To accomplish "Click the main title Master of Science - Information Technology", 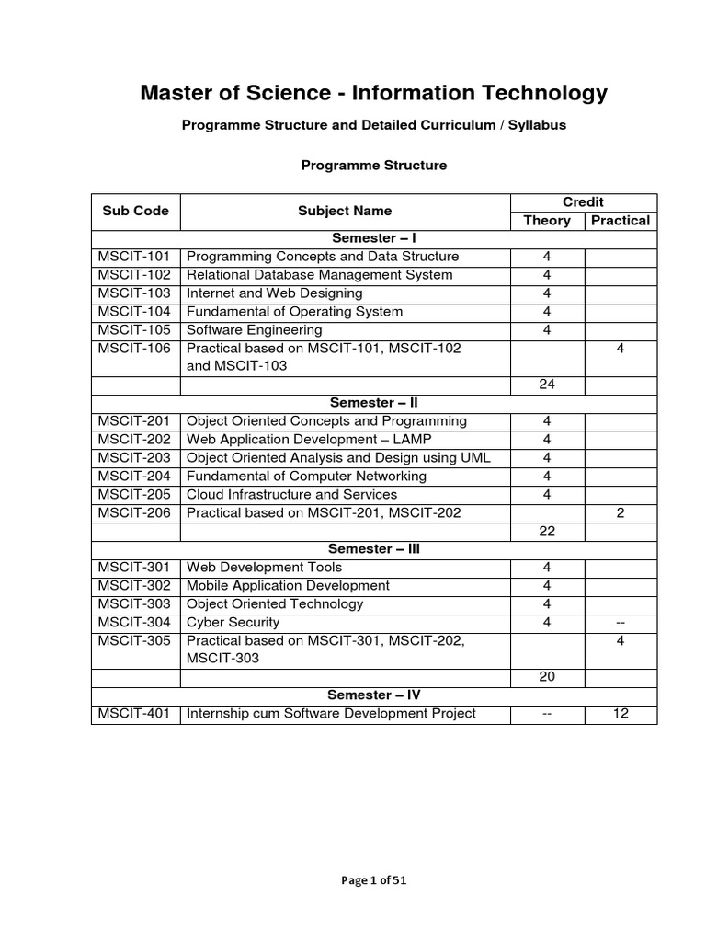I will pyautogui.click(x=373, y=93).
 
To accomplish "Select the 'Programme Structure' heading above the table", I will pyautogui.click(x=374, y=166).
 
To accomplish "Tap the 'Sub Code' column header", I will pyautogui.click(x=135, y=211).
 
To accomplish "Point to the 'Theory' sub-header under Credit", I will pyautogui.click(x=547, y=220).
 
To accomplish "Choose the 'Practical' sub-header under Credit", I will pyautogui.click(x=621, y=220).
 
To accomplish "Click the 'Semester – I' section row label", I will pyautogui.click(x=374, y=238).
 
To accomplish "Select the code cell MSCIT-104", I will pyautogui.click(x=134, y=311).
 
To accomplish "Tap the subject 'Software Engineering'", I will pyautogui.click(x=255, y=329).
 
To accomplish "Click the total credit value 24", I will pyautogui.click(x=547, y=385).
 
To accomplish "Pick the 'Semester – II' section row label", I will pyautogui.click(x=374, y=403).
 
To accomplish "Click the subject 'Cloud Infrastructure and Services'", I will pyautogui.click(x=291, y=494).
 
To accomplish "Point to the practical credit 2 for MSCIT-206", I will pyautogui.click(x=621, y=512).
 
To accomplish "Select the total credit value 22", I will pyautogui.click(x=547, y=531).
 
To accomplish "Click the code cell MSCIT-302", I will pyautogui.click(x=134, y=585).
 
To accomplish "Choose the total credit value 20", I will pyautogui.click(x=547, y=677).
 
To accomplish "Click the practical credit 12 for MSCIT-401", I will pyautogui.click(x=621, y=714).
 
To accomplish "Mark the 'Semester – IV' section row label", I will pyautogui.click(x=374, y=695).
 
